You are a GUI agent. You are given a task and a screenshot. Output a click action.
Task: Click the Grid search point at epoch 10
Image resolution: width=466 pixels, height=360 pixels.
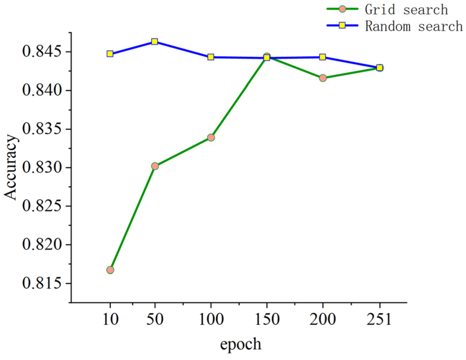click(x=110, y=270)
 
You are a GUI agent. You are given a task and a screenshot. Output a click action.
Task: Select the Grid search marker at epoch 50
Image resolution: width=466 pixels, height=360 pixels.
click(x=155, y=166)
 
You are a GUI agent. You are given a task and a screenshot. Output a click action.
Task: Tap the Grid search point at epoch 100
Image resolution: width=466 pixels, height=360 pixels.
click(x=211, y=138)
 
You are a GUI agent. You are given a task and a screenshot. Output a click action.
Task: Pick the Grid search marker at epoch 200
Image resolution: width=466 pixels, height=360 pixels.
click(x=323, y=78)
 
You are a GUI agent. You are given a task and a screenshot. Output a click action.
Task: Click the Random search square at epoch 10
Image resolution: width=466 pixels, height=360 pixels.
click(x=110, y=54)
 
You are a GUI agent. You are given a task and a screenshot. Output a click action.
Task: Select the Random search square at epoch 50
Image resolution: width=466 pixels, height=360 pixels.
click(x=154, y=42)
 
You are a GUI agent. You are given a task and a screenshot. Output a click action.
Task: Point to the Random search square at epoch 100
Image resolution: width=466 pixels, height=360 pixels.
click(x=211, y=57)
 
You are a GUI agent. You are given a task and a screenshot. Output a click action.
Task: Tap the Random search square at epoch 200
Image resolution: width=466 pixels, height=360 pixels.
click(x=323, y=57)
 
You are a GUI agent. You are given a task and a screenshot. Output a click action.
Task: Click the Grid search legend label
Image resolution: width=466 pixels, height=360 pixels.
click(x=406, y=10)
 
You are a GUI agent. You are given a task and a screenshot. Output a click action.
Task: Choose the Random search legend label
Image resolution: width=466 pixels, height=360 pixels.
click(x=414, y=26)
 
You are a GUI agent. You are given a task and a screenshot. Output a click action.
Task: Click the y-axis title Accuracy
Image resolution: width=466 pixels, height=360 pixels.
click(x=10, y=167)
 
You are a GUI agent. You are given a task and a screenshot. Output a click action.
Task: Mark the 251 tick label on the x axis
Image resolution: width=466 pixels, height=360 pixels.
click(x=379, y=320)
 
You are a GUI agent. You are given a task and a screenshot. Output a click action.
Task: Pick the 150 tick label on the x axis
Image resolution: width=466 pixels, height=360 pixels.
click(x=267, y=320)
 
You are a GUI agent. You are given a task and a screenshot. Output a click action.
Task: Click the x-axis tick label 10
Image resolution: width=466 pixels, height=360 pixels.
click(x=110, y=320)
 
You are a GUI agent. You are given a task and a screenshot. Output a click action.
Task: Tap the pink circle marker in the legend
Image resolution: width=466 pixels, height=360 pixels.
click(x=342, y=9)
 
